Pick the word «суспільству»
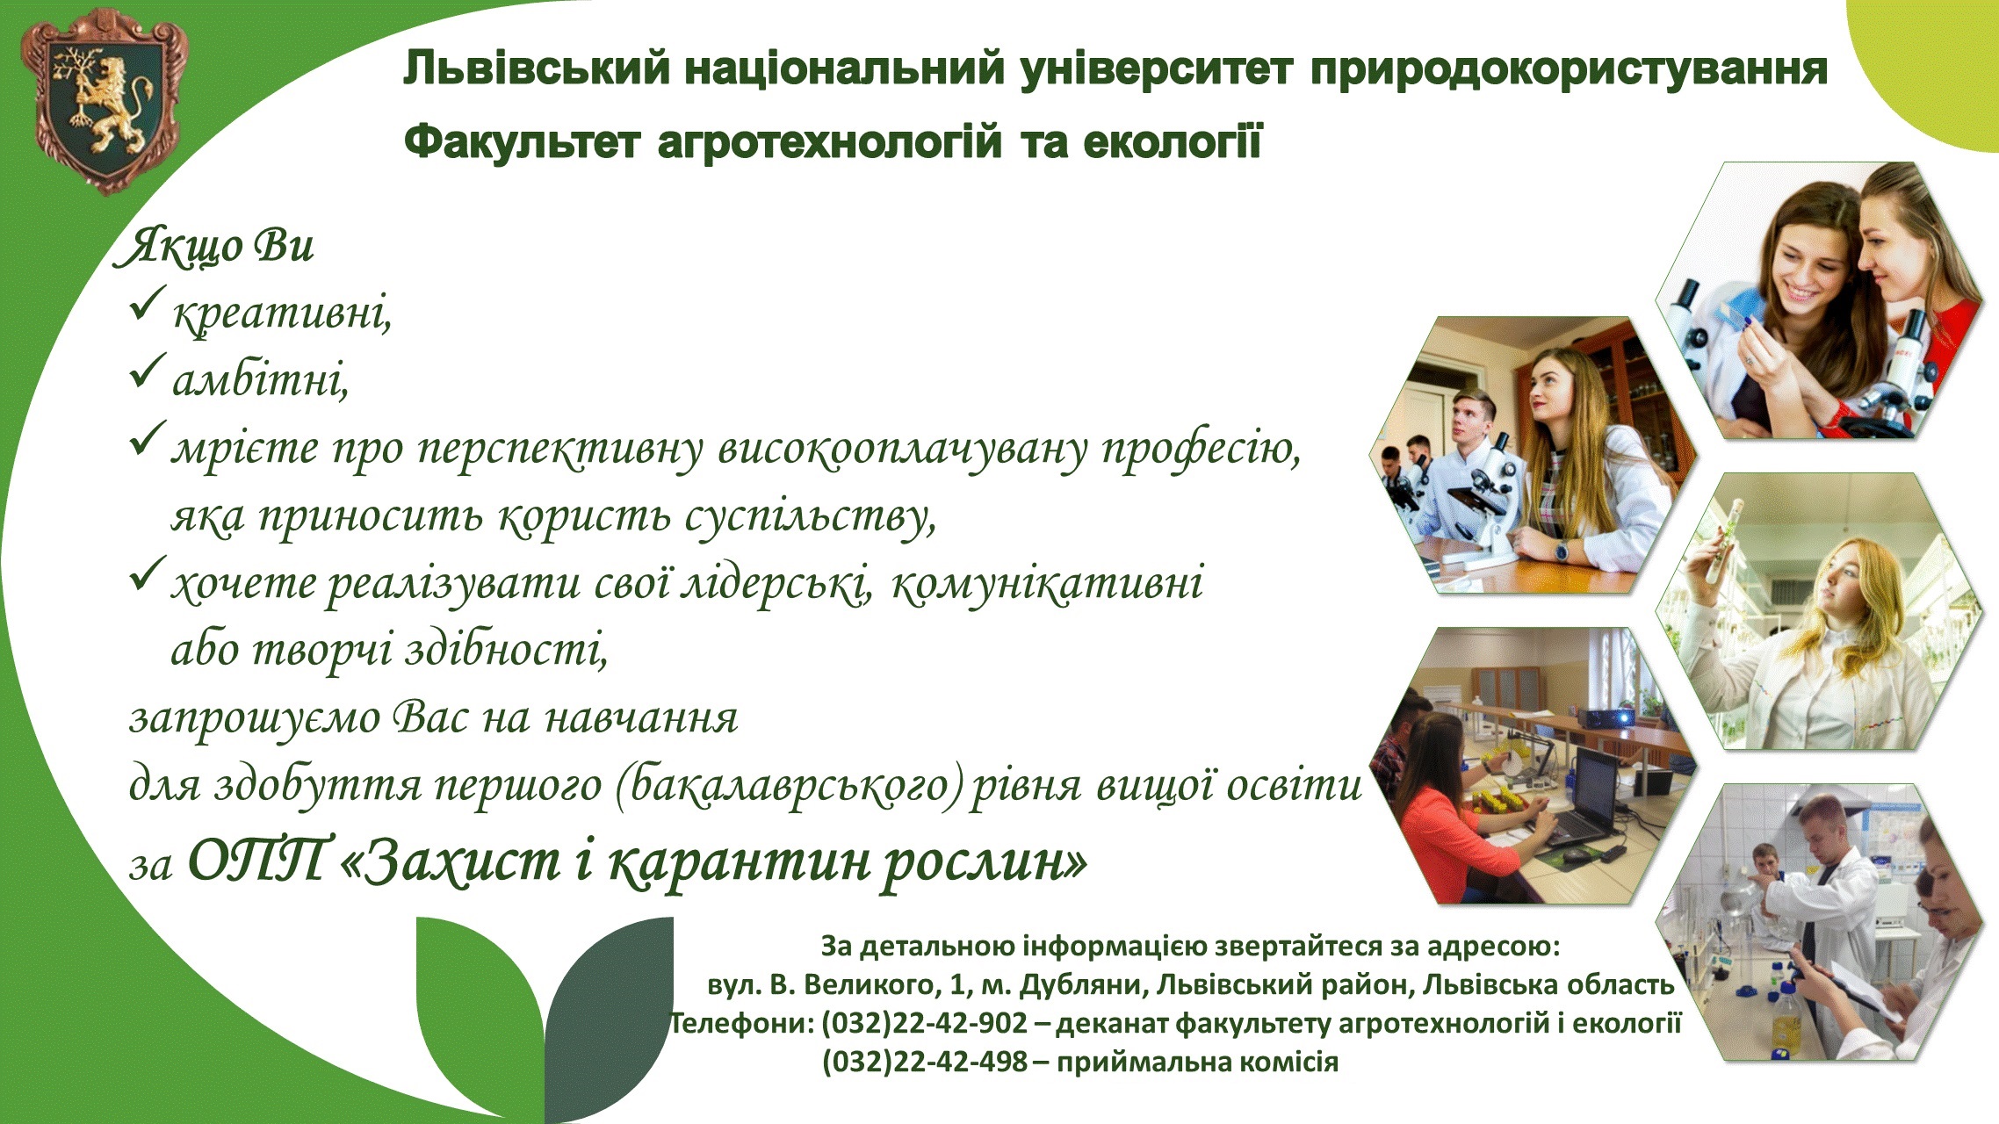coord(810,516)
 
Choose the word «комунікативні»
coord(1047,583)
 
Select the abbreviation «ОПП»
coord(261,861)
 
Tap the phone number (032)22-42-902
coord(924,1023)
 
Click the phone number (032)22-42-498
coord(925,1062)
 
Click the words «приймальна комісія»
coord(1197,1063)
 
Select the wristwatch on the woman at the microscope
coord(1561,551)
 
